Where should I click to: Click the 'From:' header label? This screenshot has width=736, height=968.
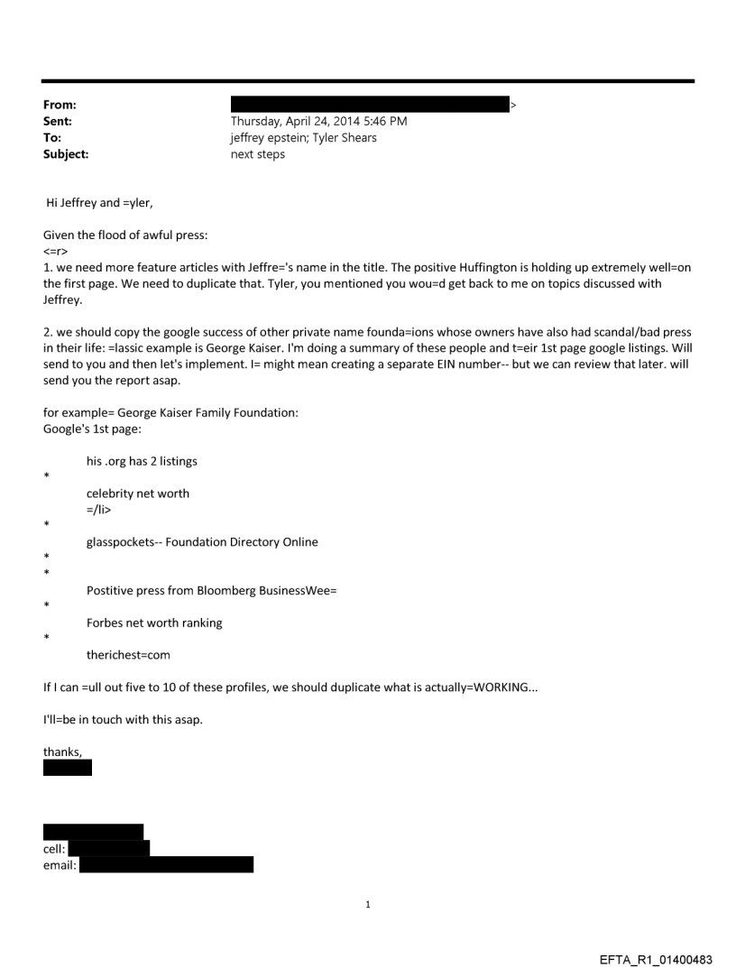tap(60, 106)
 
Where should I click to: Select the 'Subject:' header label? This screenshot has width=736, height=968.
tap(66, 154)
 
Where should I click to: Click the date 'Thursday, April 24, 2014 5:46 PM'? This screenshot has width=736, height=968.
tap(318, 122)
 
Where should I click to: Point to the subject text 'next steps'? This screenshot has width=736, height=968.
tap(258, 154)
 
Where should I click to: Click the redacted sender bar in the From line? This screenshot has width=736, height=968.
tap(370, 105)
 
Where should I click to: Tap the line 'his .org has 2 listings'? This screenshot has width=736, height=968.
tap(142, 461)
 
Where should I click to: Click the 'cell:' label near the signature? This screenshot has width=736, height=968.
tap(54, 848)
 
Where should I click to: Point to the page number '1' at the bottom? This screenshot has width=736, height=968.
tap(368, 904)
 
